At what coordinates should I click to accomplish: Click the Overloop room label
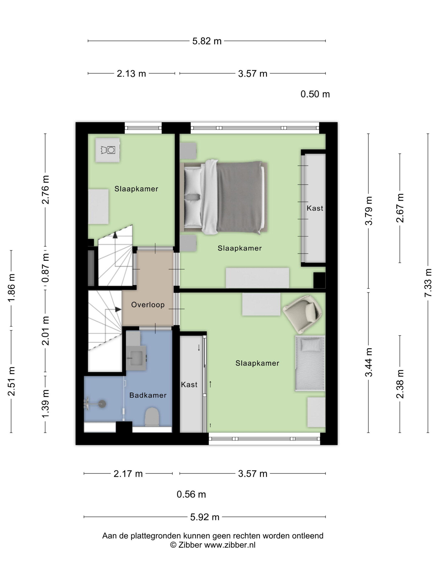click(x=148, y=305)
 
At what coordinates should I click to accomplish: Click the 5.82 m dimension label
click(x=207, y=41)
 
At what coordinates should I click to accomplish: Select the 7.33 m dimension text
click(x=428, y=282)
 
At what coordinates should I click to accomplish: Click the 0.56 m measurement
click(x=191, y=494)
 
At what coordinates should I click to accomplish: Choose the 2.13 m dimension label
click(x=131, y=74)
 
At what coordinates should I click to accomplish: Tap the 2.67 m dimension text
click(x=400, y=208)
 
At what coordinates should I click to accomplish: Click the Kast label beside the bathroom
click(x=189, y=385)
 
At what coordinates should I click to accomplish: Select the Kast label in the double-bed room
click(x=315, y=208)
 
